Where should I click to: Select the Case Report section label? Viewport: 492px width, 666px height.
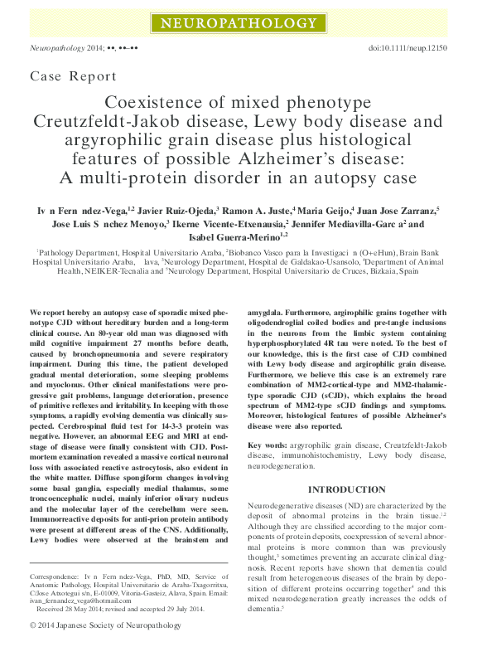click(73, 77)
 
